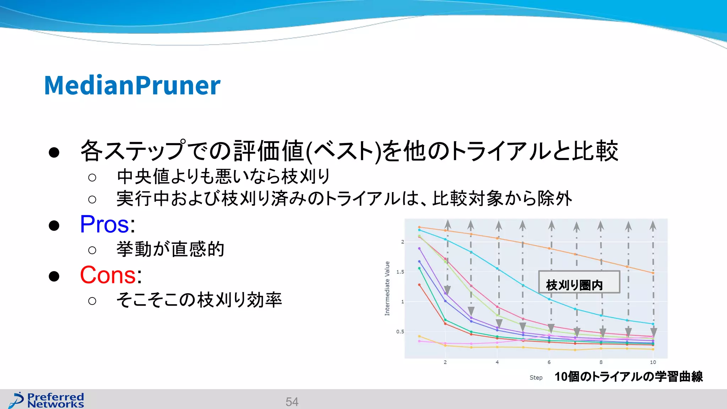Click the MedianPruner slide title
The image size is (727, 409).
pos(132,86)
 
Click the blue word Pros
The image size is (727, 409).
pos(105,224)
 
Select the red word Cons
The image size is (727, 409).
pos(108,275)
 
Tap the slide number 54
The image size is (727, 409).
pos(292,402)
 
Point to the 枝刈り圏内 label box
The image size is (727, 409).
pos(579,282)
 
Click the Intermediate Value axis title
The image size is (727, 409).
pos(387,288)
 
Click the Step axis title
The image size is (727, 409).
pos(536,377)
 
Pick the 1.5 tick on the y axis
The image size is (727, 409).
pos(400,272)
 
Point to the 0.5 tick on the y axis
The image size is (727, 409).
pos(400,332)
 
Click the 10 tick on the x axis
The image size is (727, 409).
pos(653,362)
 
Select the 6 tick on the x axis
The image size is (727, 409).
pos(549,362)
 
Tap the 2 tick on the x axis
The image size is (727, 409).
pos(445,362)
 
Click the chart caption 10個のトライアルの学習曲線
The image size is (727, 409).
pos(628,376)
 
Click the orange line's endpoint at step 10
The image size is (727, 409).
pos(653,273)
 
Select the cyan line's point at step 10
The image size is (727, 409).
pos(653,324)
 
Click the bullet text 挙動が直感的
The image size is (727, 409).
pos(170,249)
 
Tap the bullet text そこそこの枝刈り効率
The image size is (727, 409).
pos(199,300)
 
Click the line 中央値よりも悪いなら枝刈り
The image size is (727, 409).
pos(224,176)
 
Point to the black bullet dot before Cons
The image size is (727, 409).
pos(54,276)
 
